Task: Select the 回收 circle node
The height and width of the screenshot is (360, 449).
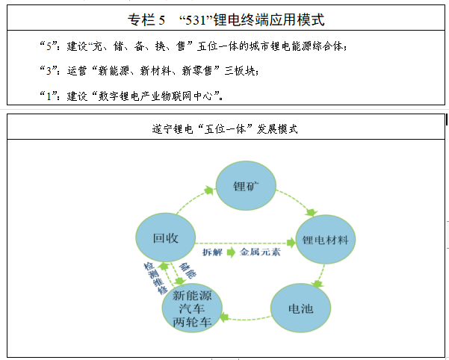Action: [164, 238]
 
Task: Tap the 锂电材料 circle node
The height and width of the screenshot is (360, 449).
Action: [325, 240]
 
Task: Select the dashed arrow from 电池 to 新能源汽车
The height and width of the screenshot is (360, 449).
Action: [247, 317]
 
